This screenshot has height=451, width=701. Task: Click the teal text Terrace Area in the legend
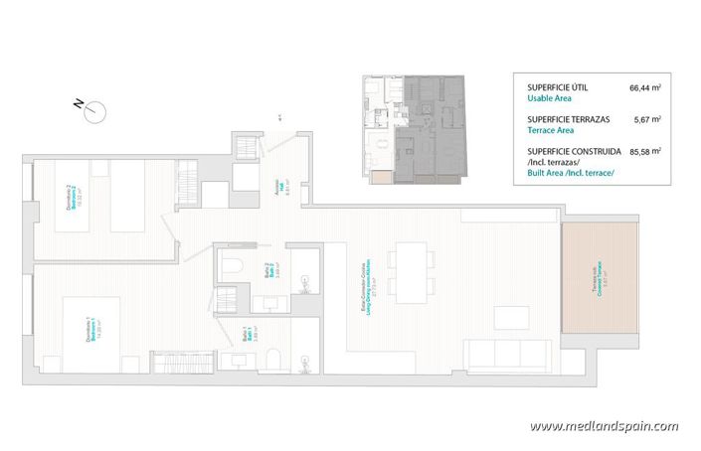[550, 130]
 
